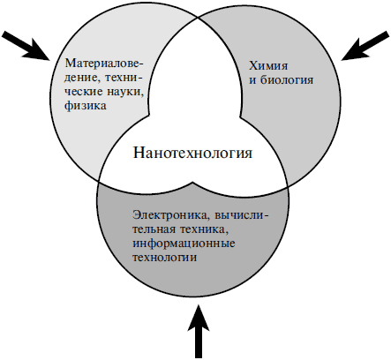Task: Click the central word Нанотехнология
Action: [192, 154]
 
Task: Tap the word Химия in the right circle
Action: [268, 65]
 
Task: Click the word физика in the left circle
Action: [86, 106]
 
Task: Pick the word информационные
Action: [184, 244]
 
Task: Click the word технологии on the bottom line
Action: [164, 258]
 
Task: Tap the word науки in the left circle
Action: [125, 92]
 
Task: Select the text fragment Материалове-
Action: [105, 64]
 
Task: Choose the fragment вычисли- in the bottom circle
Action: [242, 215]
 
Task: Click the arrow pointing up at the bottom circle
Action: [199, 332]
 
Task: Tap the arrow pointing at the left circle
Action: [26, 46]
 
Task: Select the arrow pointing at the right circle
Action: [365, 46]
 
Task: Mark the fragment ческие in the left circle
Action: [84, 92]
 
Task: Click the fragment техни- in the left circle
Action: [123, 78]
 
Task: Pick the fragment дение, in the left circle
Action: [82, 79]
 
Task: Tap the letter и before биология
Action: [253, 80]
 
